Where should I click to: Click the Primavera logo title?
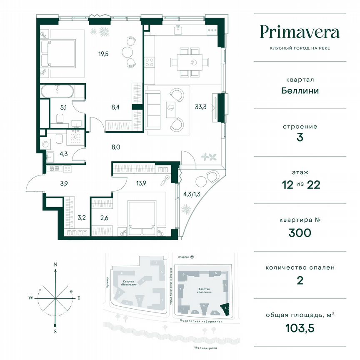click(300, 32)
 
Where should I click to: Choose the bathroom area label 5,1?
click(63, 107)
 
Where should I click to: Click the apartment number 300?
click(300, 232)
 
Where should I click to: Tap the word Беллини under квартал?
click(300, 90)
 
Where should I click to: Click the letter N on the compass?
click(55, 265)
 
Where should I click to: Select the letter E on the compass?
click(78, 298)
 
